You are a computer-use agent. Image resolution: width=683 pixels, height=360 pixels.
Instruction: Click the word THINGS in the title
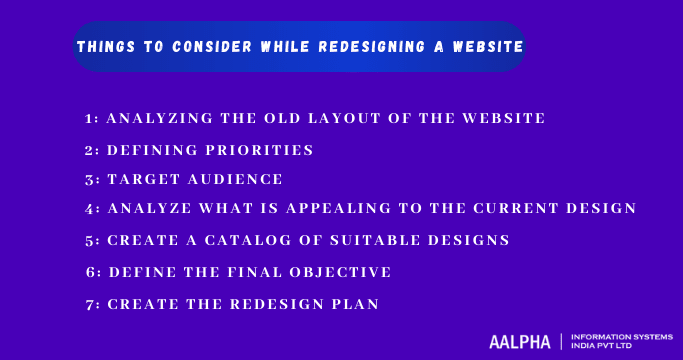point(104,47)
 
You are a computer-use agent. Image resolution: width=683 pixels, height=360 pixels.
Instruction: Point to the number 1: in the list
point(91,118)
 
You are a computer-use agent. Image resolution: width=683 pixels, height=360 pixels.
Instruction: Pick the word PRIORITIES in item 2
point(262,150)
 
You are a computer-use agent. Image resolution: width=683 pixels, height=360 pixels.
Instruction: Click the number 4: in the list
point(91,209)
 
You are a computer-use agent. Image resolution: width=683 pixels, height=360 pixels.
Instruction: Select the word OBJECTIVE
point(342,271)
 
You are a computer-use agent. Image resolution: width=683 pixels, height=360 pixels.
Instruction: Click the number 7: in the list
point(91,303)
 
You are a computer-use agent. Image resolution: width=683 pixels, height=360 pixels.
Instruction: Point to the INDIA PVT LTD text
point(604,347)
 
